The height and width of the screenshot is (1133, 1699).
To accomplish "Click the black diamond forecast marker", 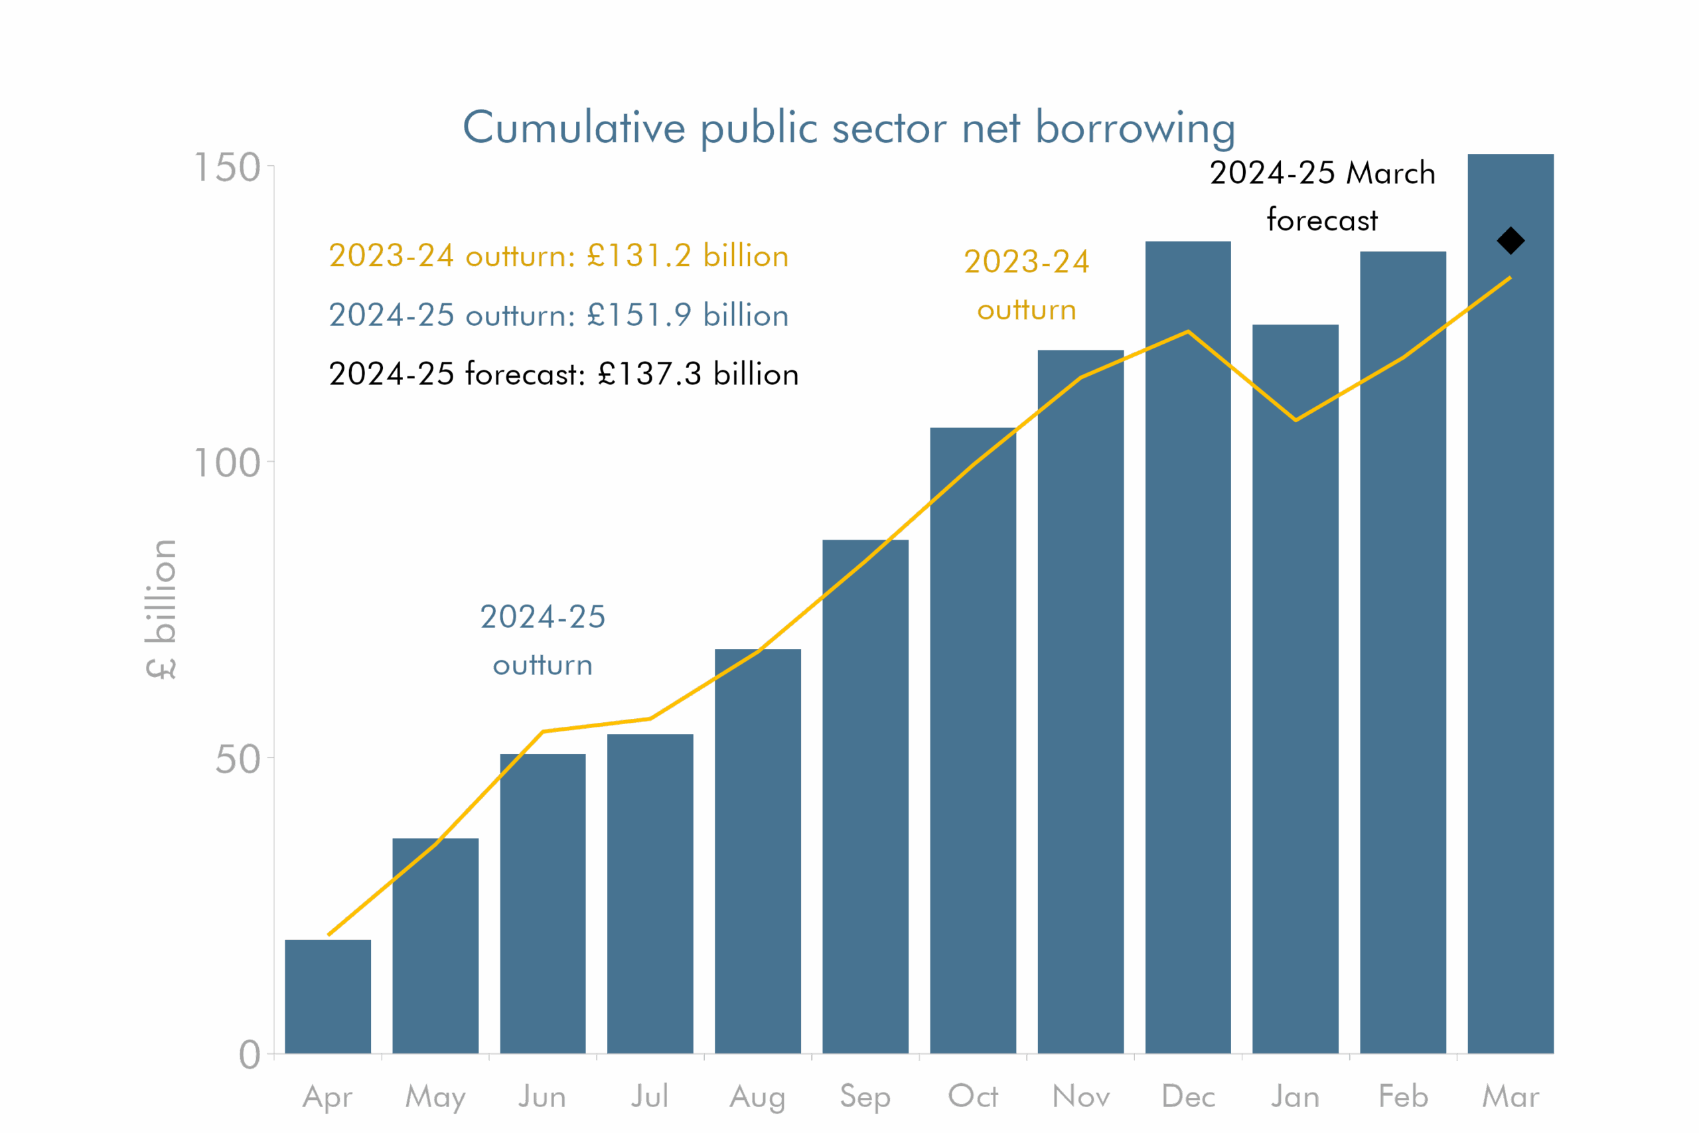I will click(1510, 241).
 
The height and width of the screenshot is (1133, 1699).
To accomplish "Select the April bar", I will click(328, 997).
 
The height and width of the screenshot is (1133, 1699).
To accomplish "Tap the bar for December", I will click(1187, 650).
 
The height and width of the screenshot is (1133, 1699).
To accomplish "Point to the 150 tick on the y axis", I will click(228, 168).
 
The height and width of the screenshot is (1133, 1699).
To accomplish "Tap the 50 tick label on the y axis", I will click(238, 759).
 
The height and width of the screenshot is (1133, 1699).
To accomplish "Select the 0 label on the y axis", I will click(250, 1055).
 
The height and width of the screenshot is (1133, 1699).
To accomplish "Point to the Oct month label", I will click(972, 1096).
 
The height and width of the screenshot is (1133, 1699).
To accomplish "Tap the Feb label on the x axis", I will click(1403, 1096).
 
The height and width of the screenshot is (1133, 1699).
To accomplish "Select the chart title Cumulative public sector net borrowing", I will click(849, 128).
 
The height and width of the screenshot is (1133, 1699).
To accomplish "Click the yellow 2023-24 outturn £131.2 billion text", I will click(558, 256).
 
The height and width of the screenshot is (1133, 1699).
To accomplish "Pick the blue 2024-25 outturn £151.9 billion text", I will click(558, 315).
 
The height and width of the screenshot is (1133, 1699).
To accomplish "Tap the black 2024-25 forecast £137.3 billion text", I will click(563, 374).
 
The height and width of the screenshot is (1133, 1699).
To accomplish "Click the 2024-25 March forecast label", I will click(1322, 196).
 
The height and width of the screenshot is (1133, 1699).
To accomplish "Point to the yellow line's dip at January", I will click(1295, 419).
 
